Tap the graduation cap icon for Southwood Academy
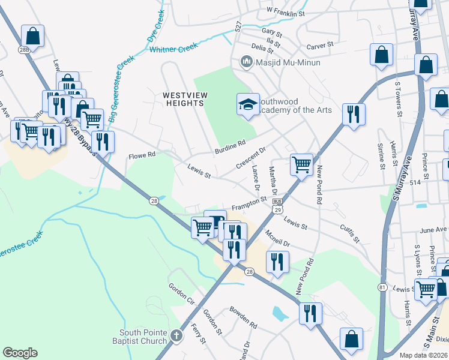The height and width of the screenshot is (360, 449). [x=247, y=104]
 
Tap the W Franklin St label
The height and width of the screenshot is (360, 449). [x=286, y=12]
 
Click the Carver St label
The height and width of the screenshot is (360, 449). [x=319, y=46]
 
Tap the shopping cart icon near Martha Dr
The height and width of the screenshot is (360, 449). [x=301, y=164]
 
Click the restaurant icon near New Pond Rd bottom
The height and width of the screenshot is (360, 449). [x=310, y=313]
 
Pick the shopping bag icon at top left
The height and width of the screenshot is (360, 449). [x=32, y=35]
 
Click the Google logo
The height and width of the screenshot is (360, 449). [x=20, y=353]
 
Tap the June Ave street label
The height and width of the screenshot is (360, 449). [x=434, y=230]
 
